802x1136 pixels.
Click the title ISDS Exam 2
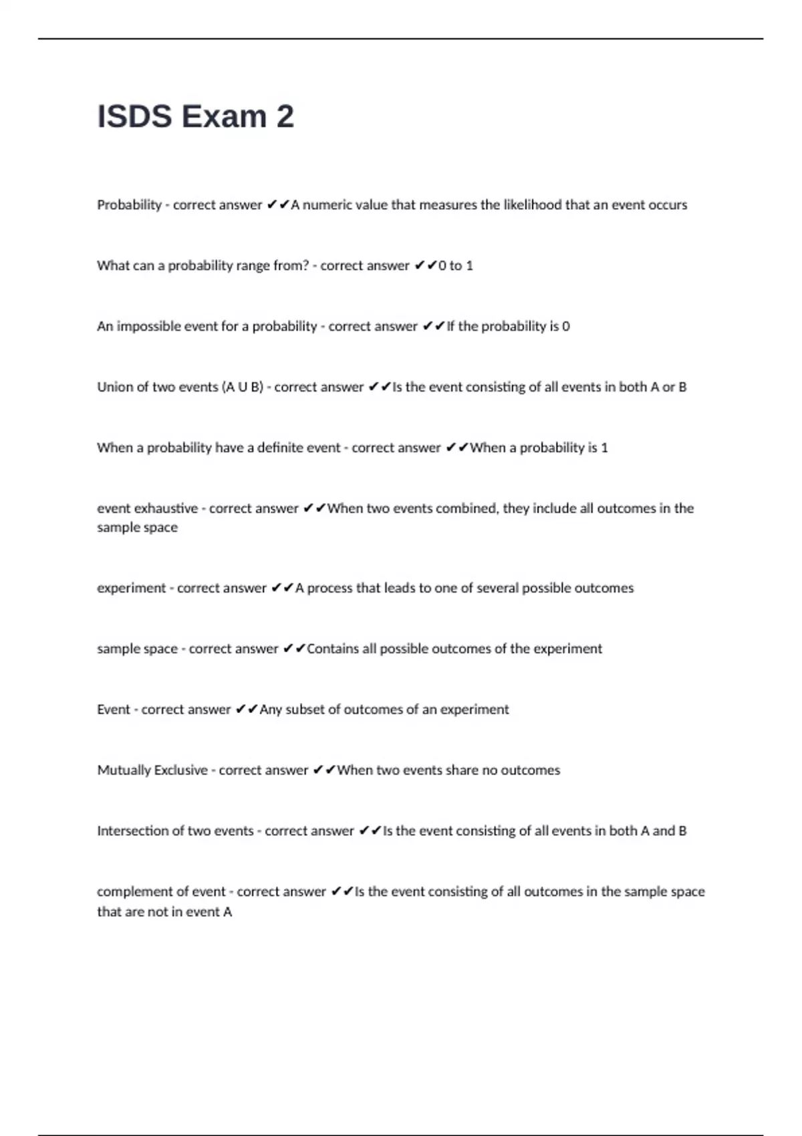tap(195, 116)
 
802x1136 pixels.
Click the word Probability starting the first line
tap(129, 205)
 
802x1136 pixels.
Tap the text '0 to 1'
tap(456, 266)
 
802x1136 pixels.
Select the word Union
tap(115, 388)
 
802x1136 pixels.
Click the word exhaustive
tap(166, 509)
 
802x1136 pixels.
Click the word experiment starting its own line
tap(131, 589)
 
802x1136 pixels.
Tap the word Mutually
tap(124, 770)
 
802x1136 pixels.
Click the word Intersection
tap(140, 831)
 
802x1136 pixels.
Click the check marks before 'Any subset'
tap(247, 710)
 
